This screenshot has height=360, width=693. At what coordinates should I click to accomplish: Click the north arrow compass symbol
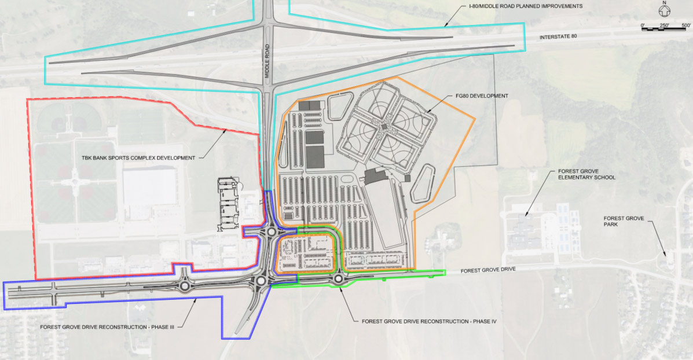click(x=666, y=10)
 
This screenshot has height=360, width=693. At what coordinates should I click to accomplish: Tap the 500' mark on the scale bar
click(x=685, y=26)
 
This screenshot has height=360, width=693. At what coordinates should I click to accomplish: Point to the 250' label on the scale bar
click(x=664, y=26)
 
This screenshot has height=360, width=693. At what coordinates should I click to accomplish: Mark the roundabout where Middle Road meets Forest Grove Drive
click(x=260, y=281)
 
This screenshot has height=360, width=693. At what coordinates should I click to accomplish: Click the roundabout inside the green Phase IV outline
click(x=338, y=280)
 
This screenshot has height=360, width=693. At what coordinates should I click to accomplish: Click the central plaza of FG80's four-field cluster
click(x=383, y=126)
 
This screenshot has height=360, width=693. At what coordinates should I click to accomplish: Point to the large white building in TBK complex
click(x=149, y=187)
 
